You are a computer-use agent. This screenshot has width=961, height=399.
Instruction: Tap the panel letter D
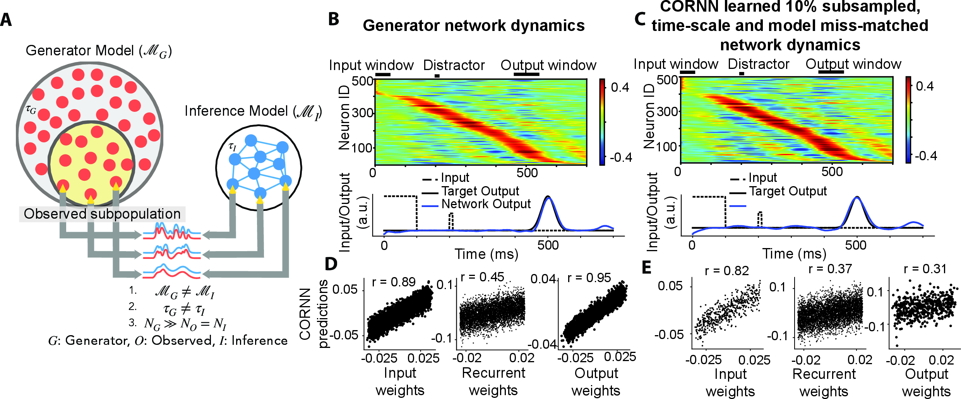pyautogui.click(x=331, y=264)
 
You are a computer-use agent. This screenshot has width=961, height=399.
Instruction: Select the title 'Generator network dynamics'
pyautogui.click(x=473, y=26)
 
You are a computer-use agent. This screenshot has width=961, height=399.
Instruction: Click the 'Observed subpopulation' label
pyautogui.click(x=102, y=214)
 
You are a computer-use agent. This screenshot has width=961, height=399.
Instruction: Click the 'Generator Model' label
pyautogui.click(x=99, y=51)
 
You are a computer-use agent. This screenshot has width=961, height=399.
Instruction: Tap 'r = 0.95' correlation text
pyautogui.click(x=589, y=278)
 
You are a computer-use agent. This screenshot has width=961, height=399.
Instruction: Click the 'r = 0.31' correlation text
pyautogui.click(x=925, y=269)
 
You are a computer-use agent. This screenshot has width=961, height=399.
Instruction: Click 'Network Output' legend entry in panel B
pyautogui.click(x=486, y=204)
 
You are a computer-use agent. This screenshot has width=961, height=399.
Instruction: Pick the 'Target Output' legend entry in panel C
pyautogui.click(x=788, y=191)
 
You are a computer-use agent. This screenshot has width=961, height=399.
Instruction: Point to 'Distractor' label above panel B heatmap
pyautogui.click(x=454, y=65)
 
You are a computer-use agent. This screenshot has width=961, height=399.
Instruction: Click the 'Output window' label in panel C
pyautogui.click(x=853, y=64)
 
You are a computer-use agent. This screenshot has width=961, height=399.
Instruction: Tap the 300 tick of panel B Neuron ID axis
pyautogui.click(x=362, y=113)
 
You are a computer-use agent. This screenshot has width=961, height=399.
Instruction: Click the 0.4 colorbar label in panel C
pyautogui.click(x=925, y=86)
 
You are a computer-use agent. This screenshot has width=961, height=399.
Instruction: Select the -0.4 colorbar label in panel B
pyautogui.click(x=621, y=157)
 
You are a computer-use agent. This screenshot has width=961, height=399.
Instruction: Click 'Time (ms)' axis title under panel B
pyautogui.click(x=486, y=254)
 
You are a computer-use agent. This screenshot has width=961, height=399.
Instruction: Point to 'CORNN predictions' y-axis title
pyautogui.click(x=313, y=314)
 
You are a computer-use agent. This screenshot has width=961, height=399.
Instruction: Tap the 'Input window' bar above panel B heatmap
pyautogui.click(x=383, y=75)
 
